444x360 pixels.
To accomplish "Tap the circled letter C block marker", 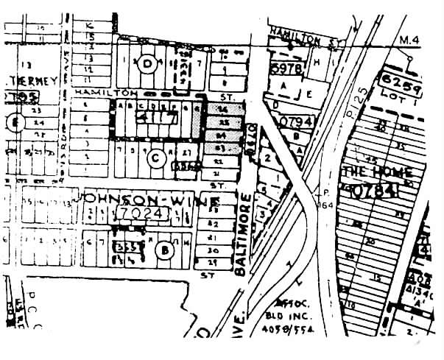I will pyautogui.click(x=155, y=157).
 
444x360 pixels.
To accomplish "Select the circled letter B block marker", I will pyautogui.click(x=165, y=250).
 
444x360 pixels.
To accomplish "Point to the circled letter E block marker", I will pyautogui.click(x=11, y=121).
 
